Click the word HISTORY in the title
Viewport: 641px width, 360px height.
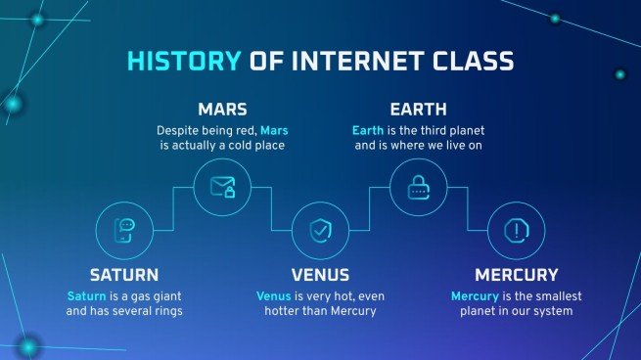pyautogui.click(x=182, y=63)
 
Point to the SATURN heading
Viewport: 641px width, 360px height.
pyautogui.click(x=124, y=275)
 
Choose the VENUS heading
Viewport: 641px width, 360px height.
pyautogui.click(x=321, y=275)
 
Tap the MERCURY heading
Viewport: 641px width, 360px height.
pyautogui.click(x=516, y=275)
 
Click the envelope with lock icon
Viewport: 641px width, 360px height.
pyautogui.click(x=222, y=184)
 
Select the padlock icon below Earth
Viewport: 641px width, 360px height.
pyautogui.click(x=418, y=184)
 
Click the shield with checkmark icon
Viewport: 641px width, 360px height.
pyautogui.click(x=320, y=231)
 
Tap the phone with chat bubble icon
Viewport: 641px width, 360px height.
pyautogui.click(x=124, y=231)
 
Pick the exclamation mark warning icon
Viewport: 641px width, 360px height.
pyautogui.click(x=516, y=231)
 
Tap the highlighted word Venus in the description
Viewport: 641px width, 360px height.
pyautogui.click(x=275, y=295)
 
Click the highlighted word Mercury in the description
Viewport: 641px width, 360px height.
pyautogui.click(x=479, y=295)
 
